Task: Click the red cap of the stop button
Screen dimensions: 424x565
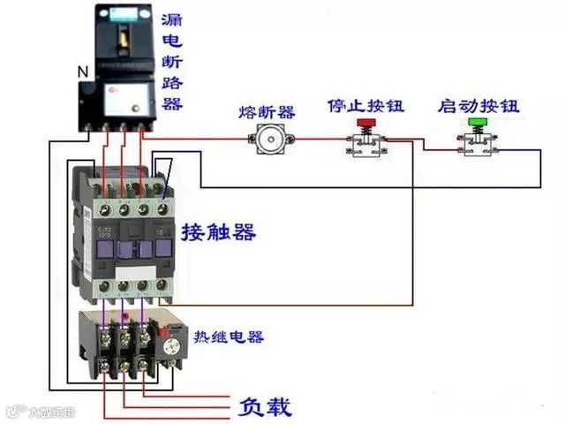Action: click(362, 123)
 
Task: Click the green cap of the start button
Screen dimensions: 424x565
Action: click(478, 123)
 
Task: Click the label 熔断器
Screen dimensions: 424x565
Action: click(267, 112)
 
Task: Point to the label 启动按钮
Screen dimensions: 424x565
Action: click(478, 106)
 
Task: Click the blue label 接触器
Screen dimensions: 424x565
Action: click(219, 232)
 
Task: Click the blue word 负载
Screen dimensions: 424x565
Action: click(265, 406)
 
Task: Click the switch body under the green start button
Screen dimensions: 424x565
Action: click(478, 145)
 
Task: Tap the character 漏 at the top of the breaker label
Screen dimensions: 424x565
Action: click(173, 19)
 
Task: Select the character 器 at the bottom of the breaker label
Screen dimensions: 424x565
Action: click(173, 103)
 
